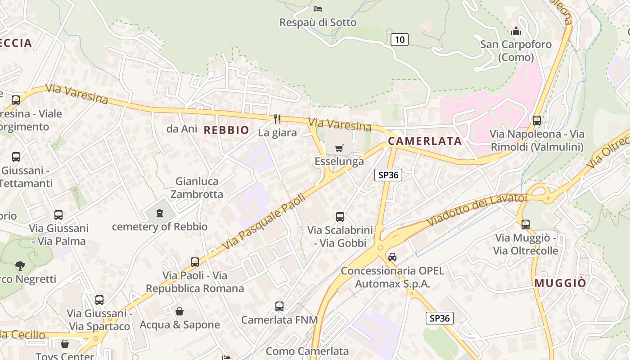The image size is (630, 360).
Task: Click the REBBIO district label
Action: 226,130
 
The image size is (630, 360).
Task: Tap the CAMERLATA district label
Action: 425,141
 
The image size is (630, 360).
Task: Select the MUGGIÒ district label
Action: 560,283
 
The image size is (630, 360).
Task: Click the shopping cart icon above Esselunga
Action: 339,148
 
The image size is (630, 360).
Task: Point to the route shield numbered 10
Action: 399,40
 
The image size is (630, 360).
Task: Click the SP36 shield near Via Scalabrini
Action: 388,175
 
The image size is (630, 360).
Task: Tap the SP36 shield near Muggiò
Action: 439,318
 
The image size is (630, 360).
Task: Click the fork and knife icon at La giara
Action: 277,119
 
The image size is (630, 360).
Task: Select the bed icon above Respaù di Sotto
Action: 318,9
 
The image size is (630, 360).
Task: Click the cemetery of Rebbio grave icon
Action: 160,213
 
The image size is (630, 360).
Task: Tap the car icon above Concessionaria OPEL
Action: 392,257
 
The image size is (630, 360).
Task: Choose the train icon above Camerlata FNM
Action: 279,306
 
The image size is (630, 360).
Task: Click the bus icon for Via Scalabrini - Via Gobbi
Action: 340,217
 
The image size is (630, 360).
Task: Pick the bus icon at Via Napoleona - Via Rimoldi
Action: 536,121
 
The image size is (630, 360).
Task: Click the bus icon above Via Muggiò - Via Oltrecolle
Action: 526,224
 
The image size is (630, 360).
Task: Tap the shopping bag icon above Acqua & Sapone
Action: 180,311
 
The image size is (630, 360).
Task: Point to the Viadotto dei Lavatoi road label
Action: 477,210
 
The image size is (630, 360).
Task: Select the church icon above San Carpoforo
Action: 516,31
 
